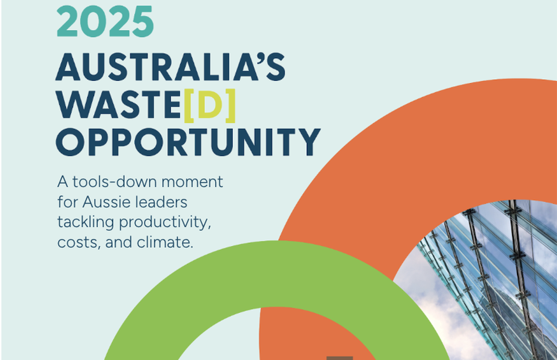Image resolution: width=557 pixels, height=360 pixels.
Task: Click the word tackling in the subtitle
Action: coord(85,222)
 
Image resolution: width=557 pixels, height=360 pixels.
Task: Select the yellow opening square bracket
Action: coord(189,106)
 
